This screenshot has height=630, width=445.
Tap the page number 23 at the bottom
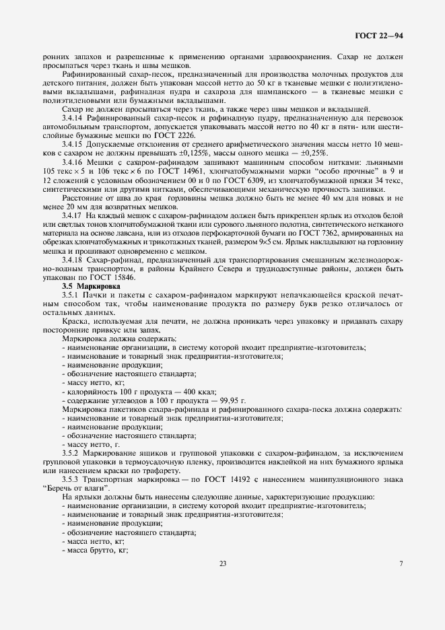222,564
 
